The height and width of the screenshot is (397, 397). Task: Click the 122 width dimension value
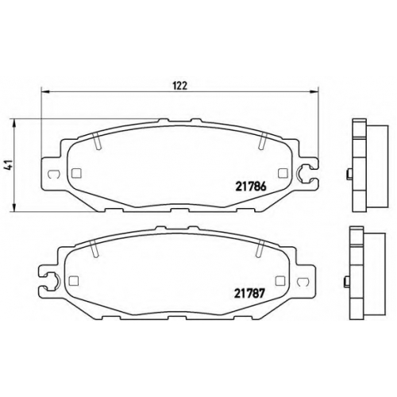click(180, 86)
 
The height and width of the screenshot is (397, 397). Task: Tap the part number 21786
click(250, 187)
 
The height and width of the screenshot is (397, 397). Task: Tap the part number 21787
click(249, 293)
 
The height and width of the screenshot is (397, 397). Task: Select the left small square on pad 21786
click(76, 173)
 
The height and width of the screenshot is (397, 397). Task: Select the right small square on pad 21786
click(283, 173)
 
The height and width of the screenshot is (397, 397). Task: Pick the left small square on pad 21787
click(73, 280)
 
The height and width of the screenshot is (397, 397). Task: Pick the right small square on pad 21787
click(280, 280)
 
